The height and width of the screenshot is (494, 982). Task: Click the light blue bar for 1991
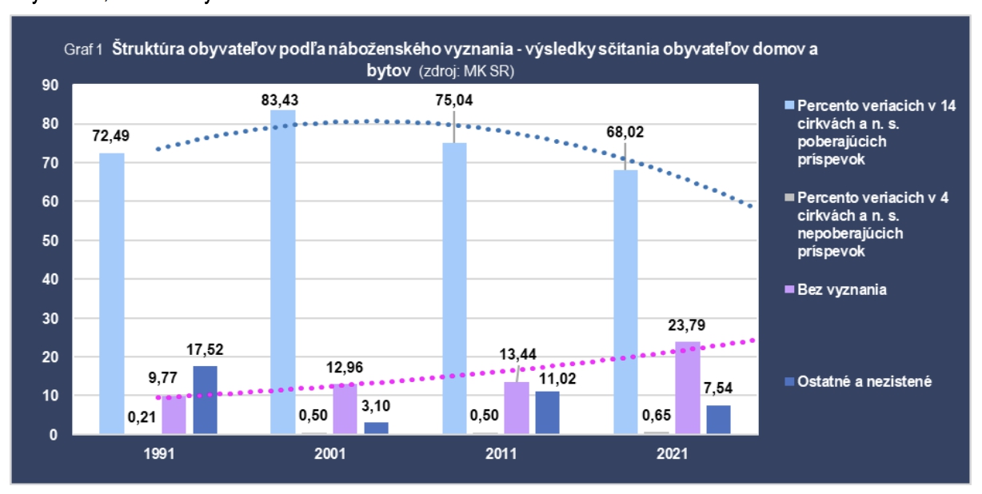pos(112,293)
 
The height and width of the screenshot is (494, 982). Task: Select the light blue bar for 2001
pos(283,272)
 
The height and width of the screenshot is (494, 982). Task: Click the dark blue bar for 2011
pos(548,412)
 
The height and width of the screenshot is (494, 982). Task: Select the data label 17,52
pos(206,349)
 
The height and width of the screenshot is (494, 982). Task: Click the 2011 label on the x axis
pos(501,453)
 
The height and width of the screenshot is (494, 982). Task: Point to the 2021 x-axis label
pos(673,453)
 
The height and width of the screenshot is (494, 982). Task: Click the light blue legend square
pos(789,105)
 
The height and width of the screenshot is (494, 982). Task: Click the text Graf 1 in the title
pos(82,50)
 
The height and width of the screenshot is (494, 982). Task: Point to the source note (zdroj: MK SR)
pos(466,71)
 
